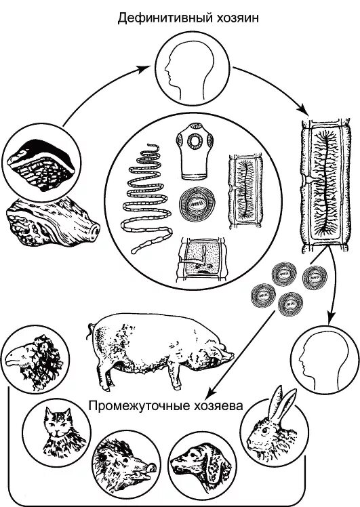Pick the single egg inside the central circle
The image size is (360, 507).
197,204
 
